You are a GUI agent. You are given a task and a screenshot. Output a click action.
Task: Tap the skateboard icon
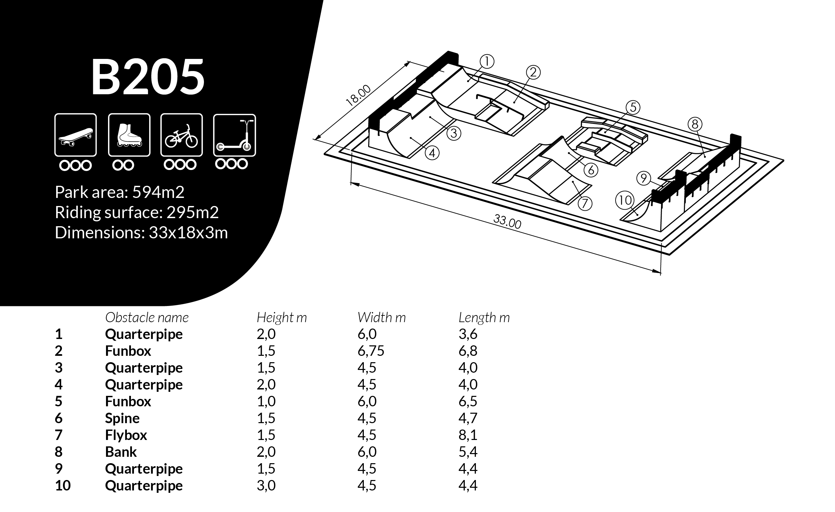[76, 135]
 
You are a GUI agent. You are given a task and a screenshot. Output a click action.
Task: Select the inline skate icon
[129, 135]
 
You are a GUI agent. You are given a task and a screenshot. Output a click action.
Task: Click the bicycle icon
[181, 135]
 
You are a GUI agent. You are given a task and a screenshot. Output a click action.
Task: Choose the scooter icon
[234, 135]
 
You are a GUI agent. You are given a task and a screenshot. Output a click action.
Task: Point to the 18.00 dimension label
[358, 96]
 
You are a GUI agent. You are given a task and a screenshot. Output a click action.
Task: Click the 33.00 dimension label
[507, 221]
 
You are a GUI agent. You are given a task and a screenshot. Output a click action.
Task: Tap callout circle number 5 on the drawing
[633, 108]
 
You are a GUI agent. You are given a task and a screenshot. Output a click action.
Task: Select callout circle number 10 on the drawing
[624, 200]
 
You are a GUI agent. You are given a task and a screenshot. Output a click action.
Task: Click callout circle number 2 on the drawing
[533, 72]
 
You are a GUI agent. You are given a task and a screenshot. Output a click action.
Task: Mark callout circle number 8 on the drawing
[695, 124]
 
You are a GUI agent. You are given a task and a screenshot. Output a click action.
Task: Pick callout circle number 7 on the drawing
[585, 203]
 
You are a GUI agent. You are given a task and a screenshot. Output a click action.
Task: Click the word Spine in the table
[122, 418]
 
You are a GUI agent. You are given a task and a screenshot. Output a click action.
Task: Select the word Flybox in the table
[126, 435]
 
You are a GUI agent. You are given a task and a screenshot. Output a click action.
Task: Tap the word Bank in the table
[120, 452]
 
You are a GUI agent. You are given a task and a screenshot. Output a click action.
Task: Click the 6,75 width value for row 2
[371, 351]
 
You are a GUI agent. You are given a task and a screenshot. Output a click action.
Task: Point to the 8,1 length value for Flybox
[468, 435]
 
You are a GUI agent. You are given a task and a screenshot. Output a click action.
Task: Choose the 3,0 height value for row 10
[266, 485]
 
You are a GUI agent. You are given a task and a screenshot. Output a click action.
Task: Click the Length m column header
[484, 318]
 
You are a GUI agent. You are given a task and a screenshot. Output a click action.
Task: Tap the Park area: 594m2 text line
[119, 192]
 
